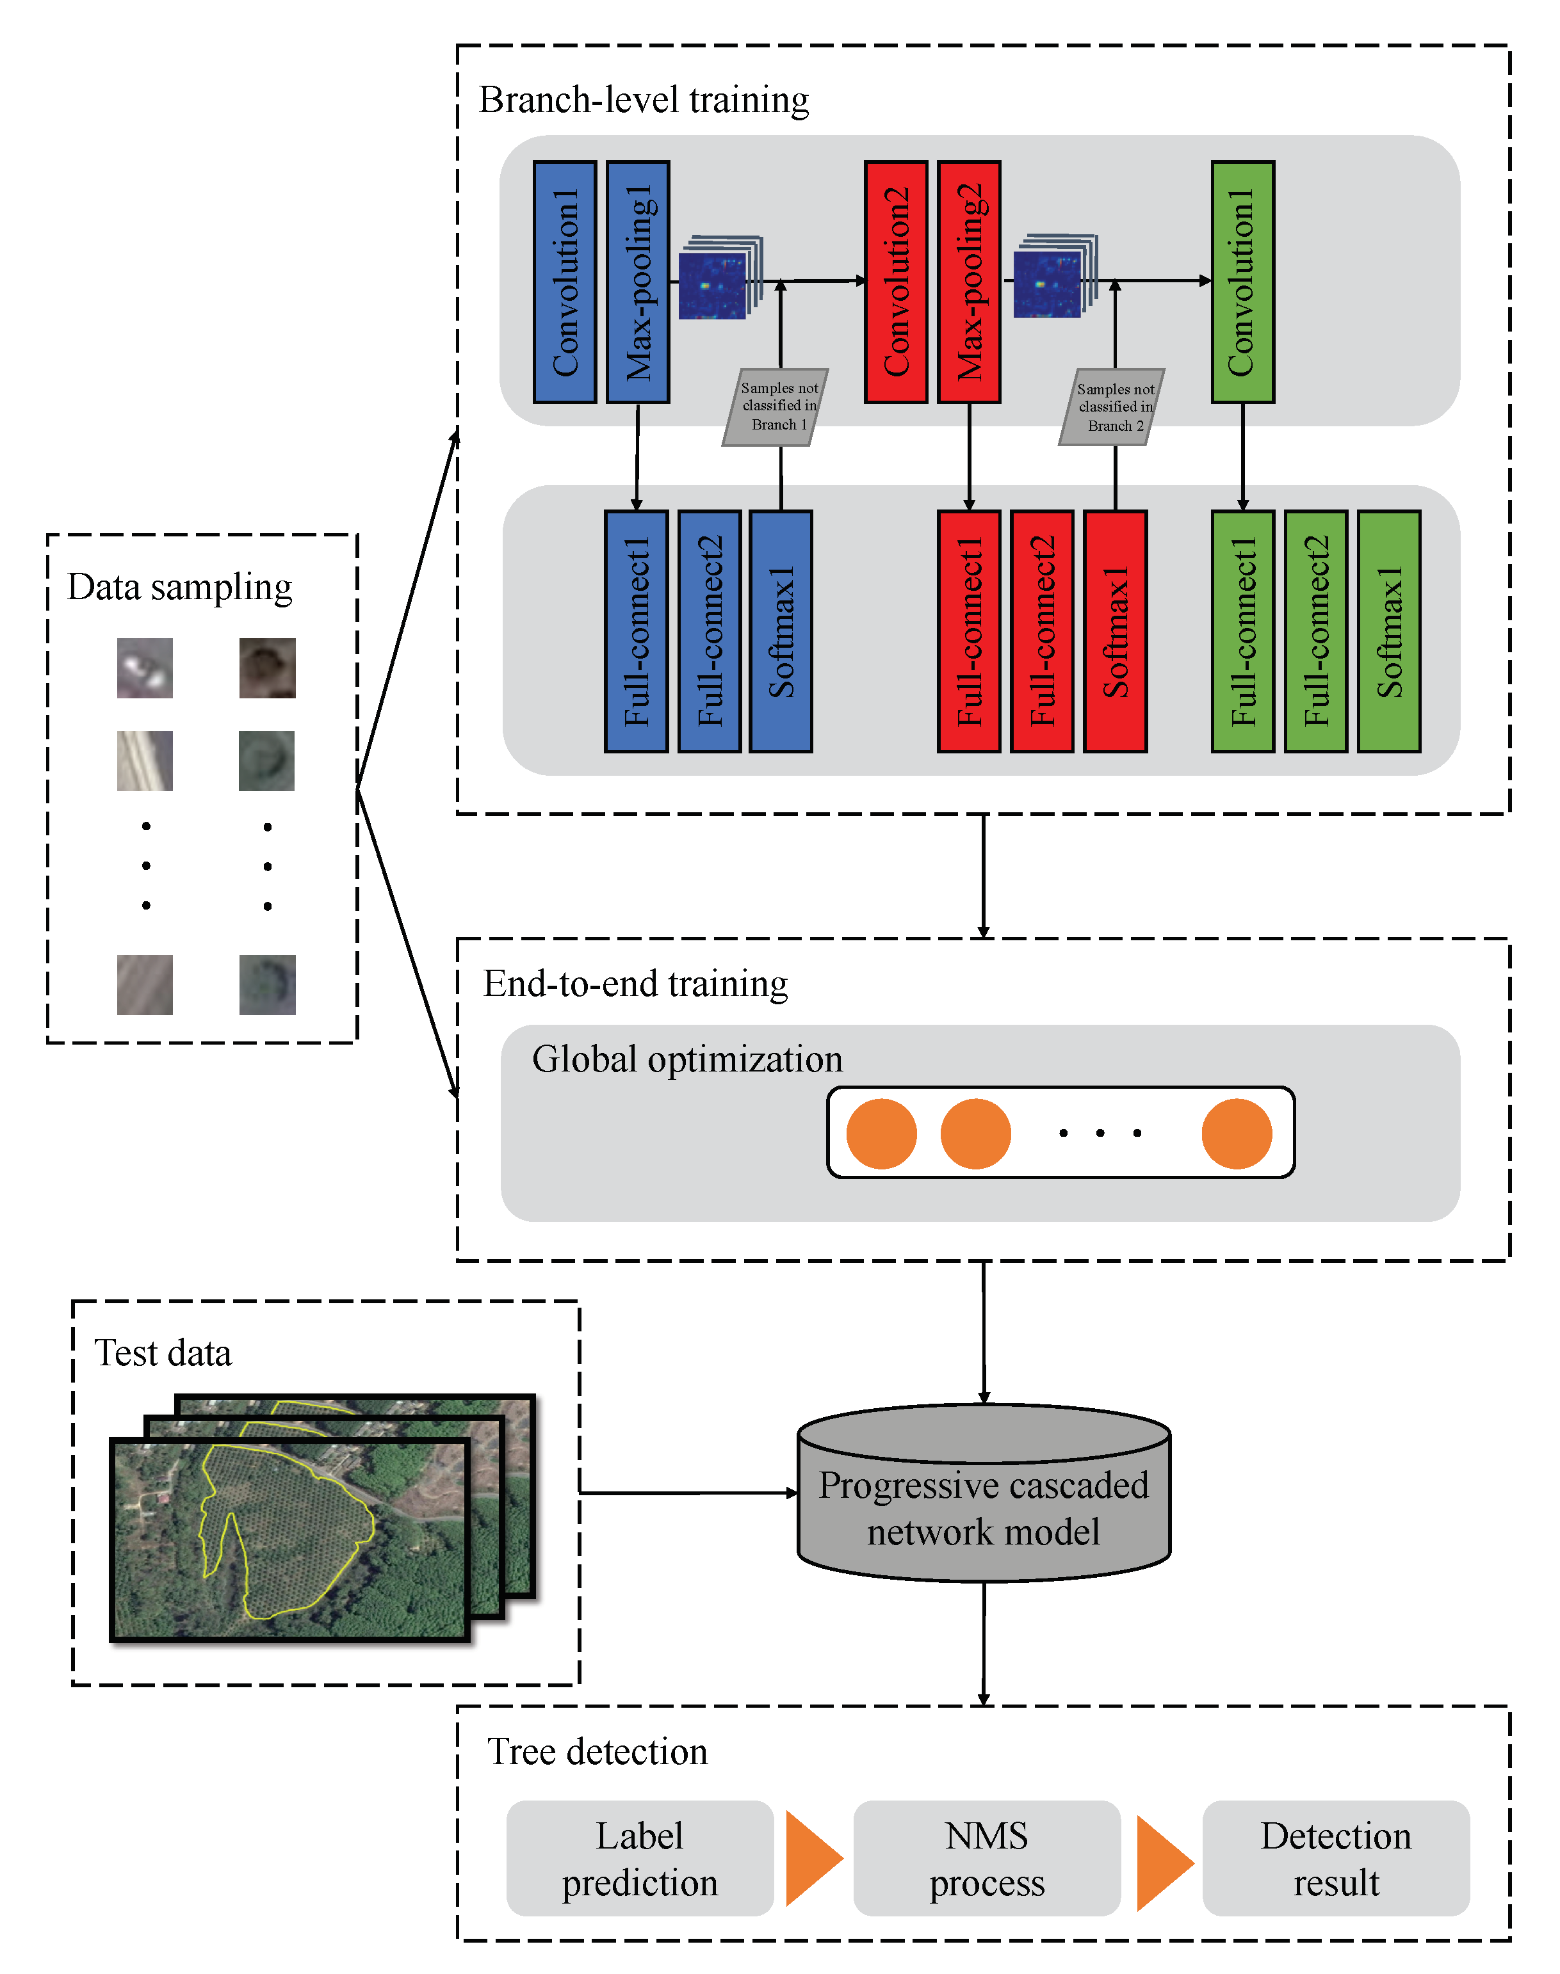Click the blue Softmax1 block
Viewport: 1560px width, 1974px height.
[x=781, y=631]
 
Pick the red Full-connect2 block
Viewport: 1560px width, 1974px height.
[x=1042, y=631]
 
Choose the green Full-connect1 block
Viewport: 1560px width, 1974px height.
[x=1242, y=631]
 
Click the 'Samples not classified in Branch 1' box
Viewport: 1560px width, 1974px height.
[x=777, y=406]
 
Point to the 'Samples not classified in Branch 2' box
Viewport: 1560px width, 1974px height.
[x=1112, y=406]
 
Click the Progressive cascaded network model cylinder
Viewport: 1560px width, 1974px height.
[x=984, y=1507]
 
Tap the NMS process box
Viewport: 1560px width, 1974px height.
[x=986, y=1858]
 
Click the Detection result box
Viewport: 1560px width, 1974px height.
[x=1335, y=1858]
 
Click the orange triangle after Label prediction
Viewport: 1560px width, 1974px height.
[x=810, y=1858]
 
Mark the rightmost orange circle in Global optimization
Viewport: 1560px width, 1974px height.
[x=1237, y=1133]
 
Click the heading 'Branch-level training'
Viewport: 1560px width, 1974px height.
[x=644, y=99]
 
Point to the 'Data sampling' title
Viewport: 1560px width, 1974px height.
[x=180, y=586]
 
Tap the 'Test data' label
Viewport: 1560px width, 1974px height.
[x=163, y=1352]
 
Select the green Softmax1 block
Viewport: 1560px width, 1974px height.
[x=1388, y=631]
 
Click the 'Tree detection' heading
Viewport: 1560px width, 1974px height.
[x=597, y=1751]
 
